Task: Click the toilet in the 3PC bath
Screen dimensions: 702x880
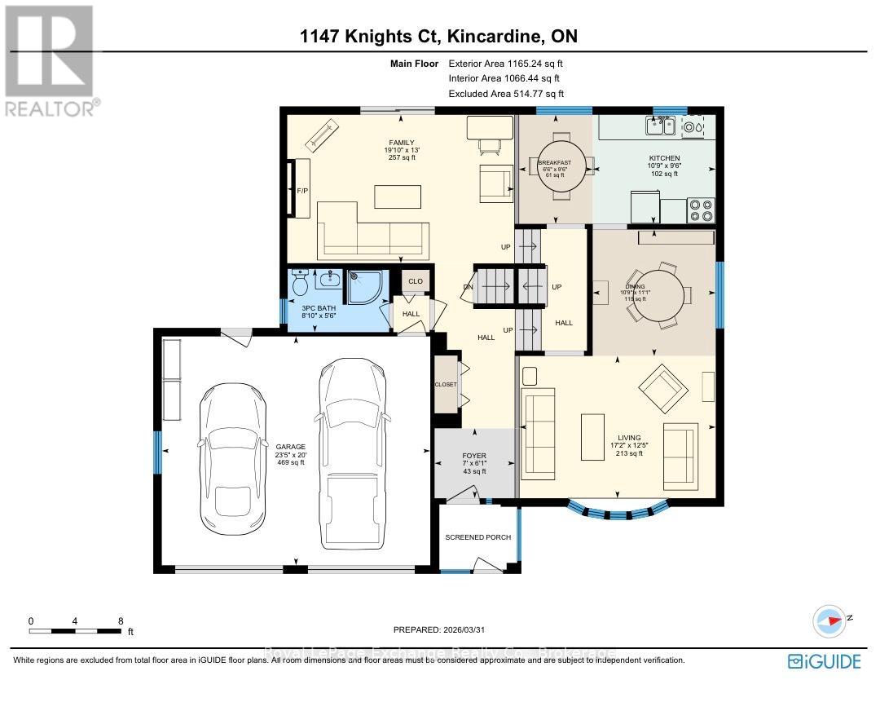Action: (300, 285)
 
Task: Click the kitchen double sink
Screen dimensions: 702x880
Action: (660, 126)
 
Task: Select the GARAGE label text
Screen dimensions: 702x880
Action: (290, 447)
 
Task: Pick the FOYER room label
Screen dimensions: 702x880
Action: (474, 457)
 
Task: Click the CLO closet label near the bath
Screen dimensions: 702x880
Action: (415, 281)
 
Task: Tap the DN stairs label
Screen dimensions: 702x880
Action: (468, 286)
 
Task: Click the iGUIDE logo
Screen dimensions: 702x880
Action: (824, 660)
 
